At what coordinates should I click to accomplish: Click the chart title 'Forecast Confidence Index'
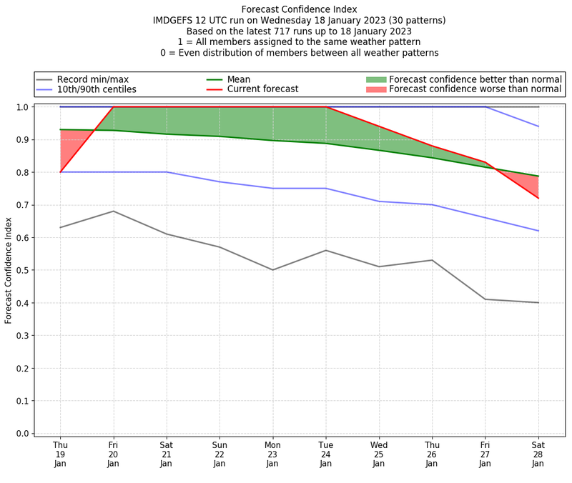coord(299,9)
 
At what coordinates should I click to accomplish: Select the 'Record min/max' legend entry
coord(92,79)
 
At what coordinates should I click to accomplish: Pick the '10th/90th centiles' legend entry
coord(97,90)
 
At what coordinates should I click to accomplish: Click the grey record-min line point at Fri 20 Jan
coord(113,211)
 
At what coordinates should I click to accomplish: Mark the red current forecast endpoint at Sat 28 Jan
coord(538,198)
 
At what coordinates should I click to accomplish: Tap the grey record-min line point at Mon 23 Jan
coord(272,270)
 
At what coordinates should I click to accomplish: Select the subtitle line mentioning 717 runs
coord(299,31)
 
